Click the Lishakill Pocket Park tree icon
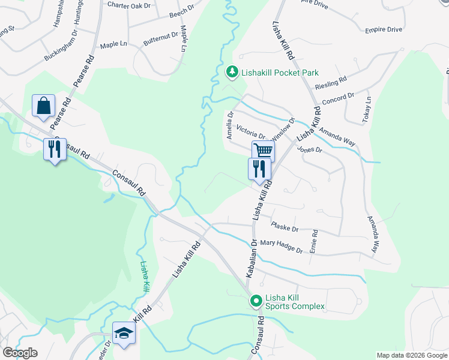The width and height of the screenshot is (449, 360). [232, 73]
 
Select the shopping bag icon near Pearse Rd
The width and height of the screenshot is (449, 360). [44, 106]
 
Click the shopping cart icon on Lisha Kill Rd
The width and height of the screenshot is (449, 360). [263, 151]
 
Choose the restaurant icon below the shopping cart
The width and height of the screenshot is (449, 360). [259, 168]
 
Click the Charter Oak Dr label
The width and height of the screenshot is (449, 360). [128, 4]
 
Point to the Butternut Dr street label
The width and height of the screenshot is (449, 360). [160, 39]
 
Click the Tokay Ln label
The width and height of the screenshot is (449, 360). [367, 111]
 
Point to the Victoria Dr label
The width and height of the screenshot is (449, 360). [250, 132]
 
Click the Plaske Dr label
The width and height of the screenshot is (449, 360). [284, 228]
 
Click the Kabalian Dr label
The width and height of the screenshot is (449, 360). [252, 259]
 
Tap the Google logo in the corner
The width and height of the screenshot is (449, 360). [20, 353]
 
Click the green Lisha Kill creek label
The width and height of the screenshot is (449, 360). [144, 276]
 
